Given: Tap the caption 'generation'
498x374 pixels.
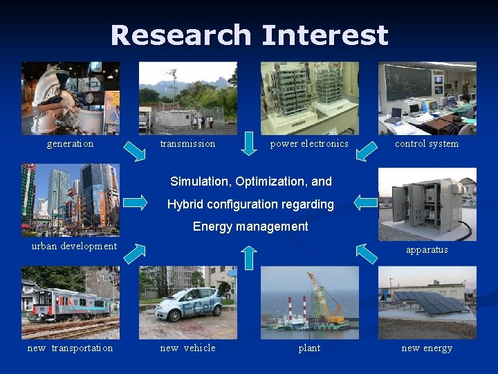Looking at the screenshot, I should [70, 144].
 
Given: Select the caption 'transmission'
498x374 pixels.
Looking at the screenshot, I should [187, 144].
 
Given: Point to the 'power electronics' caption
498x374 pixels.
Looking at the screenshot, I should [309, 144].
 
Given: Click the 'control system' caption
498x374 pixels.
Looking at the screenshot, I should [427, 144].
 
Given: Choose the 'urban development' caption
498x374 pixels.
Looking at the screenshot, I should [74, 247].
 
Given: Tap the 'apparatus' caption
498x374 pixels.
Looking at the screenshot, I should [427, 250].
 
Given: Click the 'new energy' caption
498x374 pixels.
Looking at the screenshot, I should [427, 348].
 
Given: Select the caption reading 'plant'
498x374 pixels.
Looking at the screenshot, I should [309, 348].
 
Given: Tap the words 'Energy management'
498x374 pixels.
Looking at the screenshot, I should [250, 226].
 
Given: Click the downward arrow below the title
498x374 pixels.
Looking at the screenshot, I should [250, 144].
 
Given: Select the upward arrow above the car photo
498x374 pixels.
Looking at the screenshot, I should [250, 257].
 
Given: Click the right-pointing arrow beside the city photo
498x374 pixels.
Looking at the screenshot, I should [136, 202].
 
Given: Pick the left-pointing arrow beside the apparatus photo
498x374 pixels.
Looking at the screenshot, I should [365, 202].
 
